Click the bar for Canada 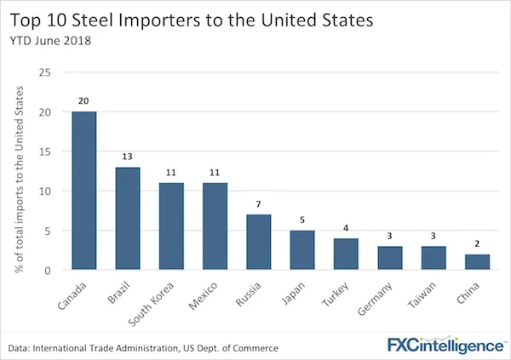(x=83, y=191)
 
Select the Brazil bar (x=127, y=219)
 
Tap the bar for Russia (x=260, y=243)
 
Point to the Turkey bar (x=347, y=254)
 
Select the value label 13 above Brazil (x=127, y=157)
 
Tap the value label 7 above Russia (x=260, y=205)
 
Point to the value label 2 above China (x=479, y=244)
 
